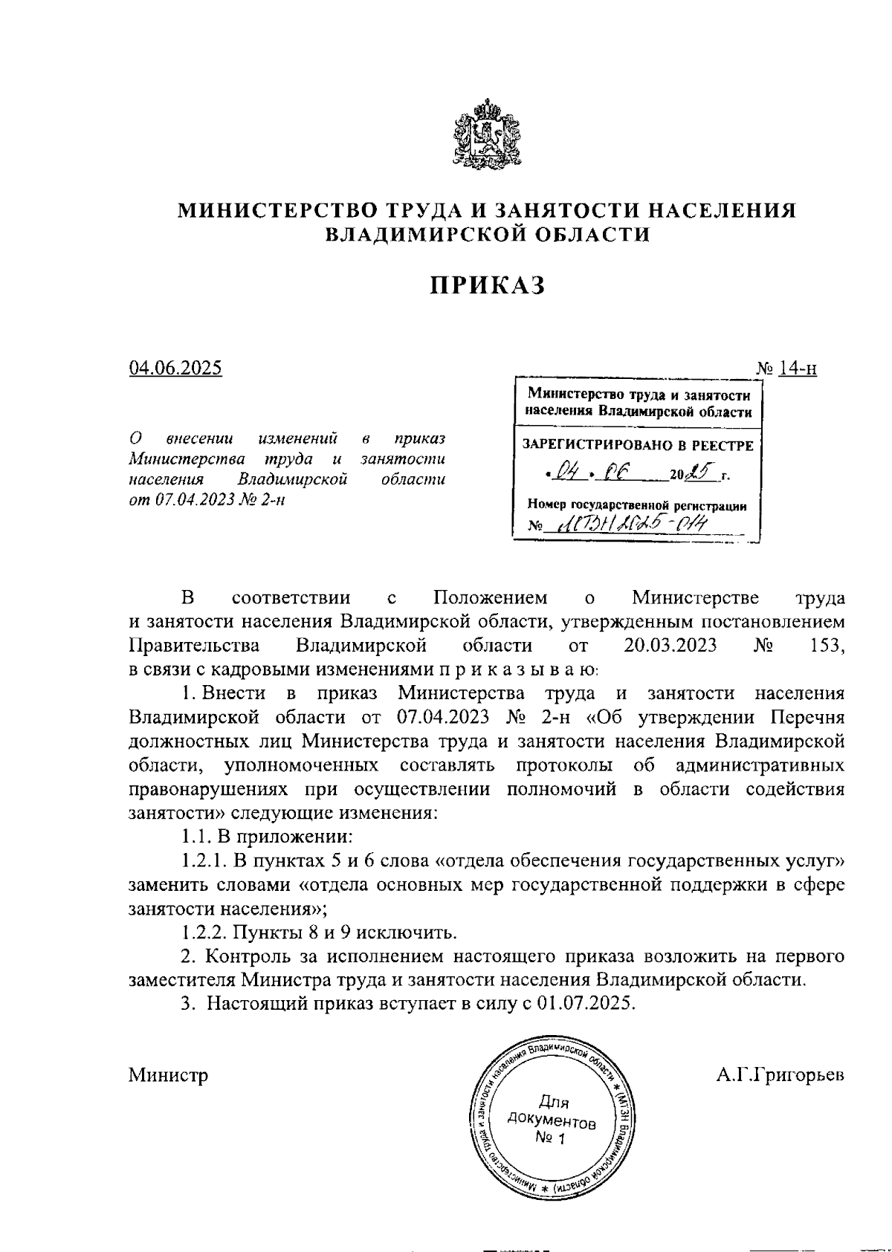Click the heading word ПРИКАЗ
pos(486,285)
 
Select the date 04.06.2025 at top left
pos(175,368)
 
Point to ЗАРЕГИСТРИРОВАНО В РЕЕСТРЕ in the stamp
pos(638,446)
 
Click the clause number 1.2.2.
pos(202,931)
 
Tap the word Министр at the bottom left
pos(168,1074)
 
